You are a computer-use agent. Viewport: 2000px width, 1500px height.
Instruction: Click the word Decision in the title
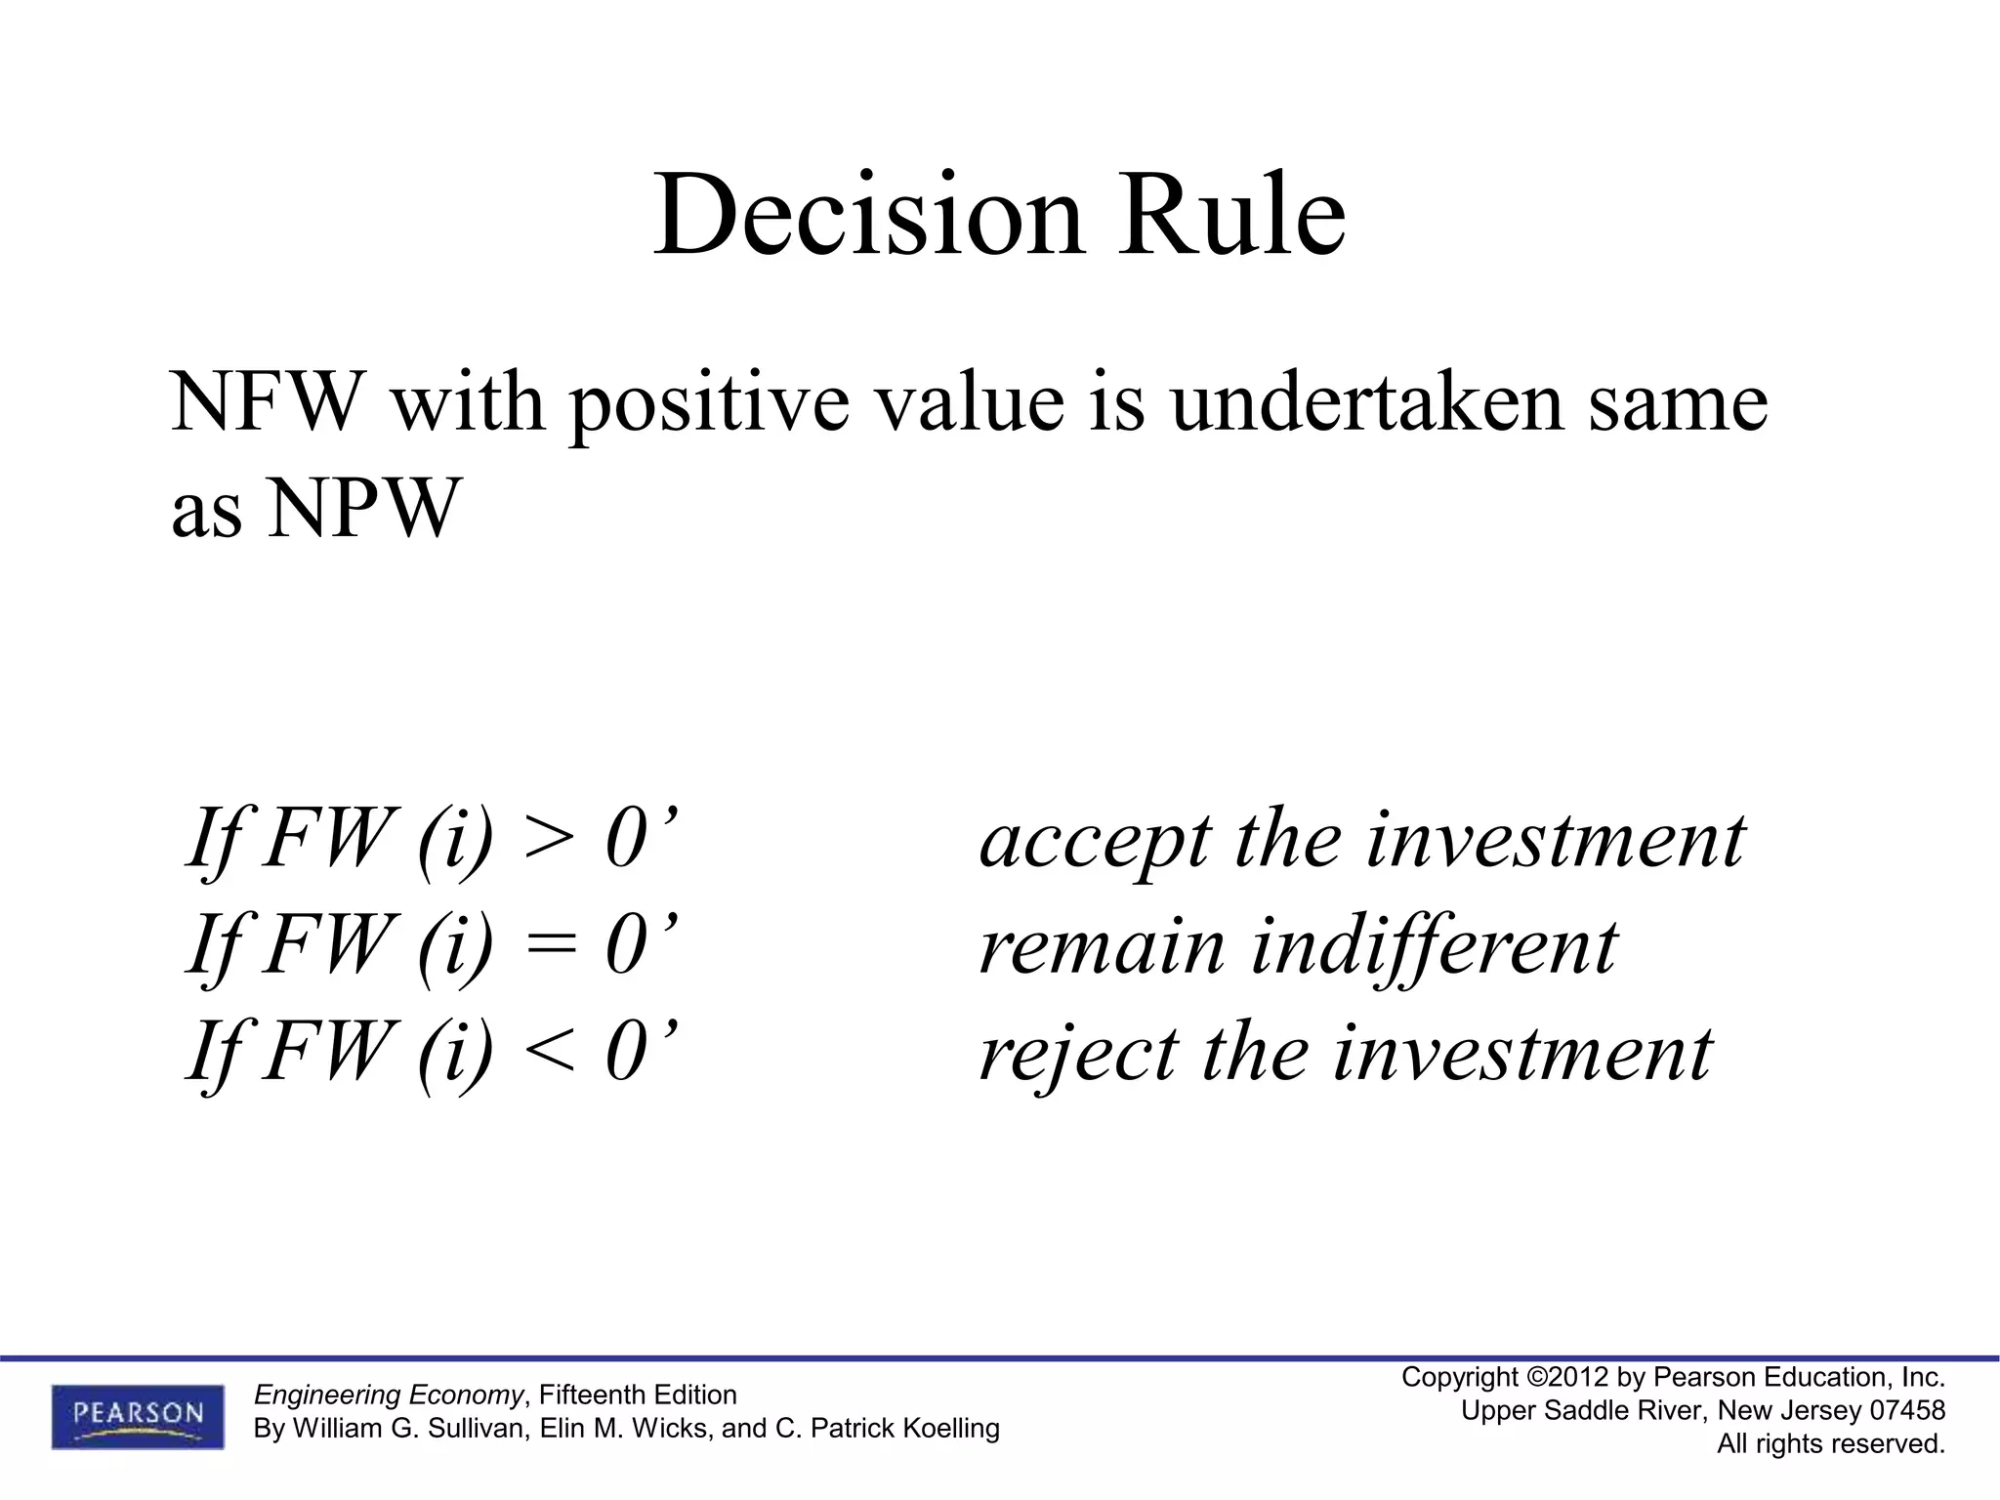coord(868,215)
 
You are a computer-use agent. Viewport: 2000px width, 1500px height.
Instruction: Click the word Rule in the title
coord(1233,215)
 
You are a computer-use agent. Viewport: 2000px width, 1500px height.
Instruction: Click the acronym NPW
coord(362,509)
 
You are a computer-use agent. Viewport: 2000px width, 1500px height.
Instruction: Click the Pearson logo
coord(138,1416)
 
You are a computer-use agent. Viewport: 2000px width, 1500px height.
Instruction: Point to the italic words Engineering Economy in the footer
coord(388,1395)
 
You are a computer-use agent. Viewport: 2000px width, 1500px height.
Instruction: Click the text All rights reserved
coord(1831,1443)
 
